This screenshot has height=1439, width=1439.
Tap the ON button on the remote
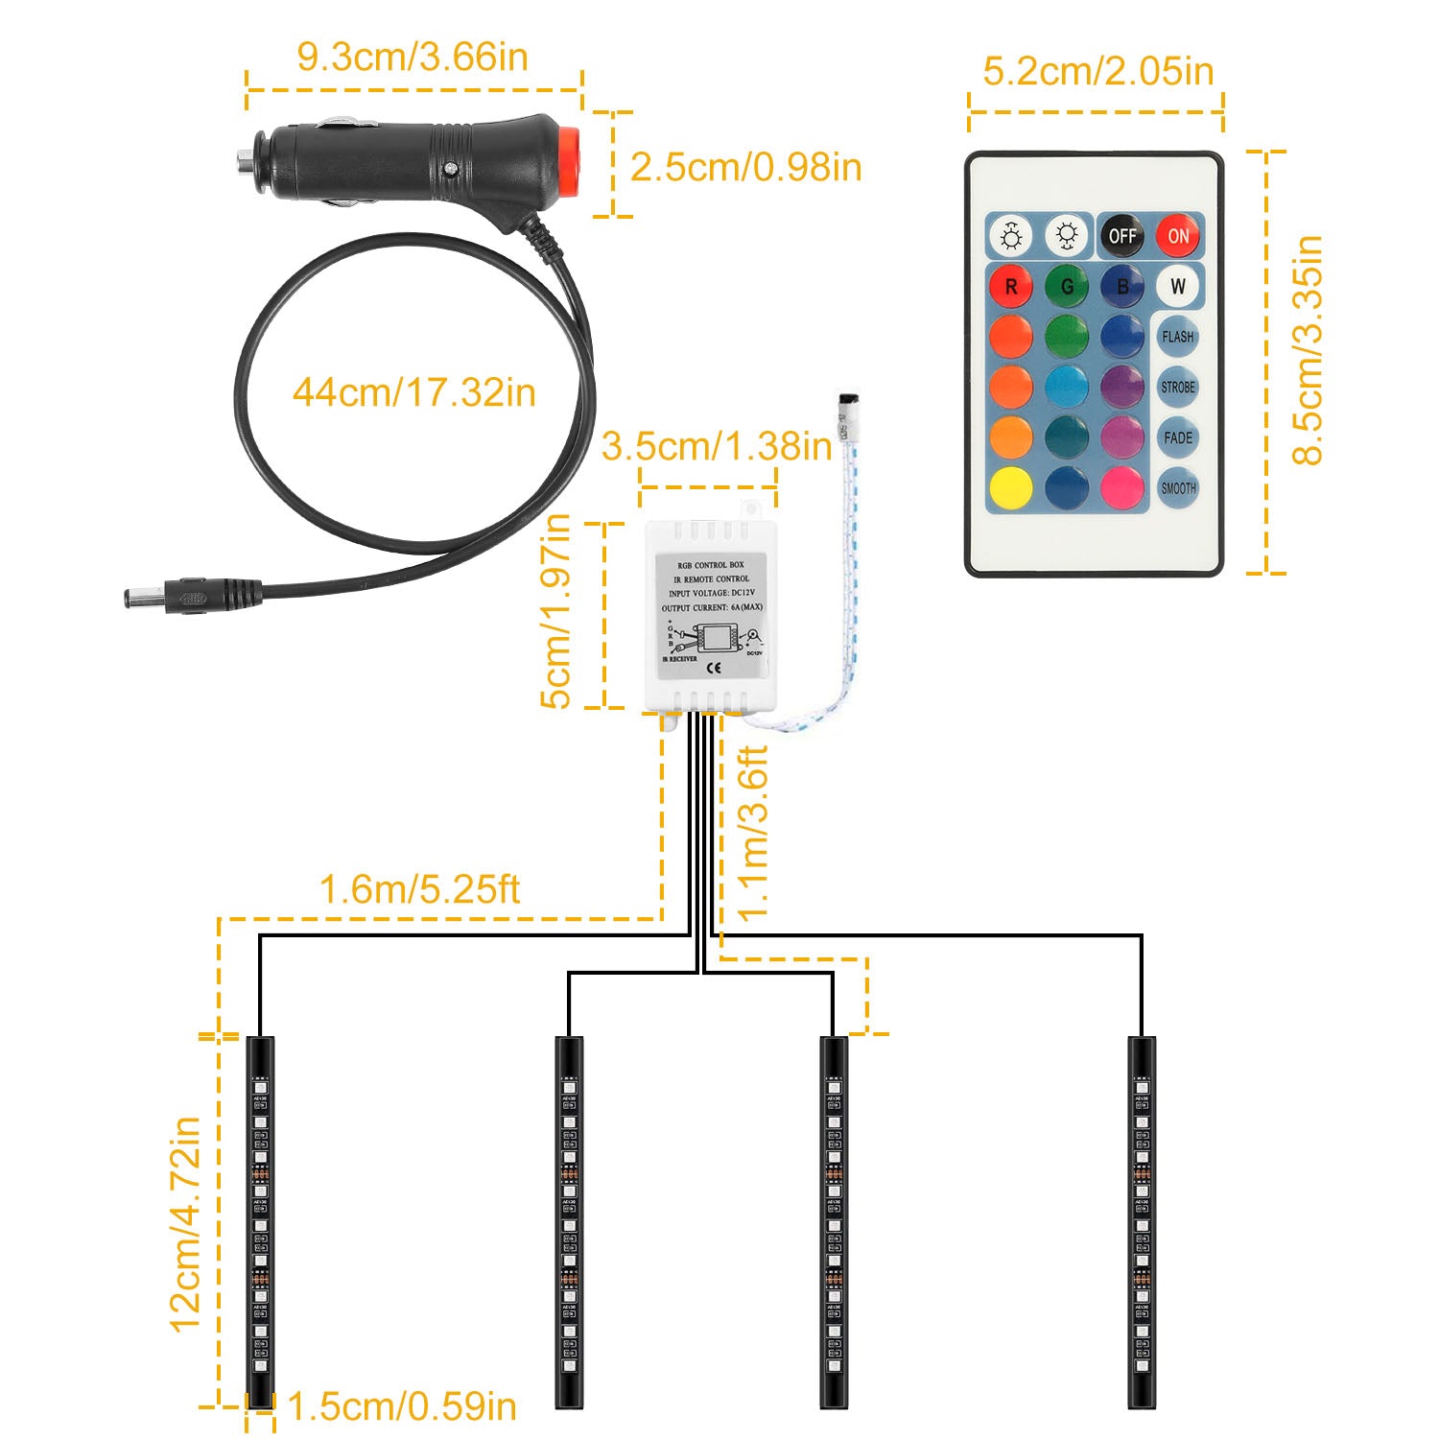(1178, 236)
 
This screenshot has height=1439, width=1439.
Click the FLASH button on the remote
(1178, 337)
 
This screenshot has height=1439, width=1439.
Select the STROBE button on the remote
(1178, 388)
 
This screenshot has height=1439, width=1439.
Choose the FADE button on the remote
(1178, 437)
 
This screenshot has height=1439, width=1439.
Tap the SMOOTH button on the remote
(1178, 487)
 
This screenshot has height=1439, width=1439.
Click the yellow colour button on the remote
(1011, 487)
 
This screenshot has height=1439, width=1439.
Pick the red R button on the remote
(1011, 286)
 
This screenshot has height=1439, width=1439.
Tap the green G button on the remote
(1067, 286)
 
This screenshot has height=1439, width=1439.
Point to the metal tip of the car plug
(246, 160)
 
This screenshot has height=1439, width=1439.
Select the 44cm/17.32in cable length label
(413, 392)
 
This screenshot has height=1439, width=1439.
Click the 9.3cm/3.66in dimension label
(413, 57)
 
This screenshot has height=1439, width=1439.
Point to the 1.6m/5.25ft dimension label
(419, 889)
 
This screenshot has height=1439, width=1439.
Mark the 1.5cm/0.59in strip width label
(402, 1406)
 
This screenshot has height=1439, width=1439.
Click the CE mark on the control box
(713, 667)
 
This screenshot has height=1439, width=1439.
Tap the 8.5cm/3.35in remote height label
(1308, 350)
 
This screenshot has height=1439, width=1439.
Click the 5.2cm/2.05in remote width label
(1098, 71)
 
